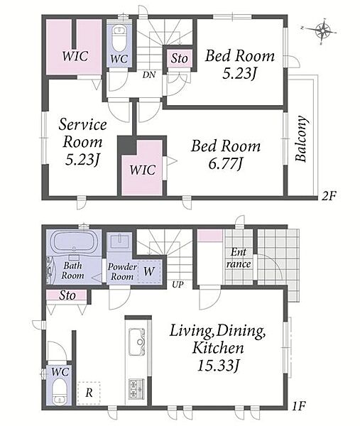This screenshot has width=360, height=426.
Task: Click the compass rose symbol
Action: pyautogui.click(x=322, y=31)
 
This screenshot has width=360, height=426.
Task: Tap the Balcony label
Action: pyautogui.click(x=302, y=139)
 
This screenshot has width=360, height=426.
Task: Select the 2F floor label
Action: pyautogui.click(x=329, y=196)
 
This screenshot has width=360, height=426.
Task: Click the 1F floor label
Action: pyautogui.click(x=299, y=406)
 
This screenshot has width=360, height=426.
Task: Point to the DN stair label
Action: pyautogui.click(x=149, y=75)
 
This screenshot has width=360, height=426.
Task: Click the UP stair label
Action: pyautogui.click(x=178, y=285)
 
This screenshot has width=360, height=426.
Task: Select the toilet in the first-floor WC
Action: pyautogui.click(x=58, y=391)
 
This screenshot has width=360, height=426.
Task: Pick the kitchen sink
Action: pyautogui.click(x=136, y=342)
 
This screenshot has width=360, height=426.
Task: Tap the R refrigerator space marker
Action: pyautogui.click(x=89, y=393)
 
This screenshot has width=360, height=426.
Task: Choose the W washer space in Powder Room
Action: pyautogui.click(x=149, y=271)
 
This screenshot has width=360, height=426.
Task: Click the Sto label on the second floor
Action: pyautogui.click(x=180, y=58)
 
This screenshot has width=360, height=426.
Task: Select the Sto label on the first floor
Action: pyautogui.click(x=67, y=295)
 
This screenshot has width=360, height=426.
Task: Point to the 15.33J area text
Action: pyautogui.click(x=219, y=366)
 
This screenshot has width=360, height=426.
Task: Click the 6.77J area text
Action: pyautogui.click(x=225, y=163)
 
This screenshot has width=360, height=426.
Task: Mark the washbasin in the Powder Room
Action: pyautogui.click(x=119, y=241)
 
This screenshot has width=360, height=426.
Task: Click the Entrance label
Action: pyautogui.click(x=239, y=258)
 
